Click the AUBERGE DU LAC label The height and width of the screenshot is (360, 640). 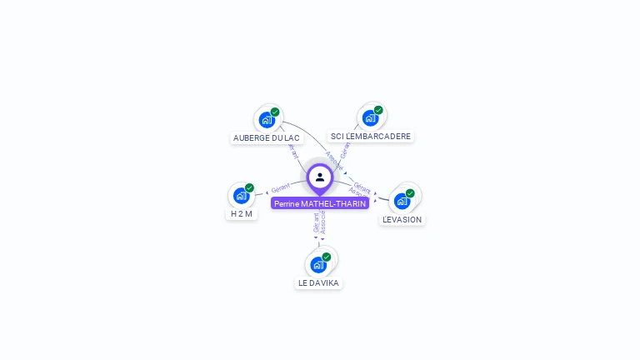(267, 137)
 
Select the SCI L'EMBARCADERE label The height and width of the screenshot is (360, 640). (371, 136)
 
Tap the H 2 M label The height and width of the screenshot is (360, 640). (241, 213)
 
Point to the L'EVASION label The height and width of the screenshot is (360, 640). (402, 219)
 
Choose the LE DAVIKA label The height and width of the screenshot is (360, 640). (318, 282)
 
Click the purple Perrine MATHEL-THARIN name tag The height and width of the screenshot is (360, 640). (320, 203)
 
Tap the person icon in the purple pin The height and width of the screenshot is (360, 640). (320, 177)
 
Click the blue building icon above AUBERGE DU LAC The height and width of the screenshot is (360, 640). (267, 119)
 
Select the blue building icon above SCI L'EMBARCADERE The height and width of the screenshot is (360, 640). (370, 117)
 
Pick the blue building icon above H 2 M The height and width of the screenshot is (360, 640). (241, 196)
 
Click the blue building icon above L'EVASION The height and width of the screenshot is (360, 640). (402, 201)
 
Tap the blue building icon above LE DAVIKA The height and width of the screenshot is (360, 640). (317, 265)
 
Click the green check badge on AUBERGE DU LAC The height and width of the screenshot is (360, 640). (275, 112)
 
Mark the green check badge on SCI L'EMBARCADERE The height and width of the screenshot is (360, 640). (378, 110)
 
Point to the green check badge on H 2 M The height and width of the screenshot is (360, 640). (249, 188)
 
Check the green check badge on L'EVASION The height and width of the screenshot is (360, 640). (410, 193)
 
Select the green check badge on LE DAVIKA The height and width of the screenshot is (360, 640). (327, 257)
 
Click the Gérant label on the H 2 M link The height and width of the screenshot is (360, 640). (280, 188)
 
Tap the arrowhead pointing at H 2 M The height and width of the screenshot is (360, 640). (267, 192)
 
